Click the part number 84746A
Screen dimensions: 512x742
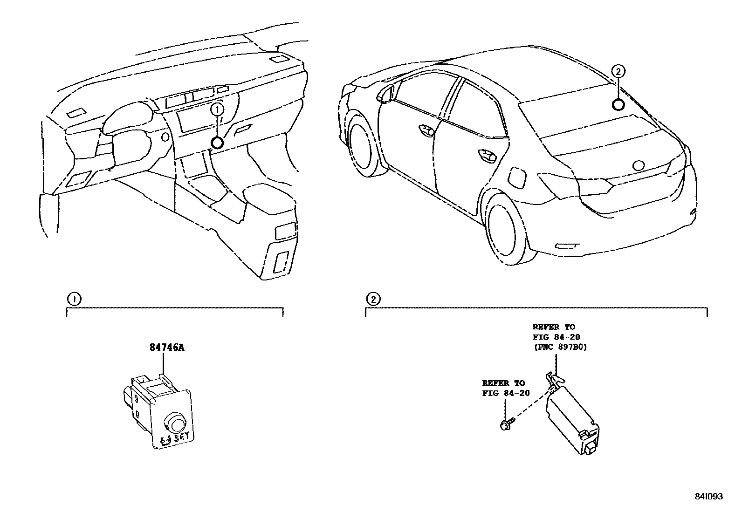point(166,348)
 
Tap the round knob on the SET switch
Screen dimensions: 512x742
point(175,423)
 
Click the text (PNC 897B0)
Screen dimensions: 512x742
point(557,347)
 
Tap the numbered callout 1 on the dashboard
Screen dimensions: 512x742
point(218,110)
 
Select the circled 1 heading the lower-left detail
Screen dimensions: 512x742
point(73,299)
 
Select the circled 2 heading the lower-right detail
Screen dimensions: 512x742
point(373,299)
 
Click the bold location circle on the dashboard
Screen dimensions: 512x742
point(217,143)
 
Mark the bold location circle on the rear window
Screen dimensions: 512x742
point(618,105)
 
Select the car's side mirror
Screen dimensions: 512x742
point(385,93)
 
